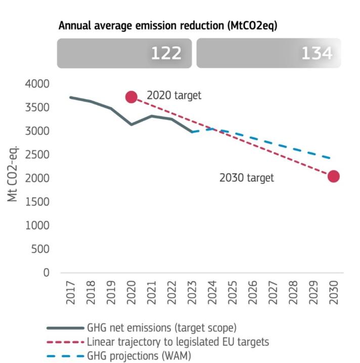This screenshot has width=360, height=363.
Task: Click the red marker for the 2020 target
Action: pyautogui.click(x=131, y=97)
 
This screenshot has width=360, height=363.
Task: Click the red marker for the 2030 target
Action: pyautogui.click(x=333, y=176)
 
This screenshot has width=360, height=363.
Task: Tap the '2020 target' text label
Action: pyautogui.click(x=174, y=96)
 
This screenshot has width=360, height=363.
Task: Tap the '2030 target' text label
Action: pyautogui.click(x=247, y=178)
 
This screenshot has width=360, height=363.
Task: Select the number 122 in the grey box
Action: pyautogui.click(x=166, y=53)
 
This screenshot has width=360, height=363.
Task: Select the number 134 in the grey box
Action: pyautogui.click(x=317, y=53)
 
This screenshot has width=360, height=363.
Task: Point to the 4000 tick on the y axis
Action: pyautogui.click(x=37, y=84)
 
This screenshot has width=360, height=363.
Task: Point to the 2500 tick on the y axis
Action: pyautogui.click(x=37, y=155)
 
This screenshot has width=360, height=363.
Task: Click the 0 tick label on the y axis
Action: pyautogui.click(x=46, y=273)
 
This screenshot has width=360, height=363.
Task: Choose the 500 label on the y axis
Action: pyautogui.click(x=41, y=249)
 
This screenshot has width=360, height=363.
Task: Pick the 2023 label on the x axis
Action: pyautogui.click(x=192, y=293)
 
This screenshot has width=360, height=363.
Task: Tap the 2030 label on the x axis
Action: pyautogui.click(x=334, y=293)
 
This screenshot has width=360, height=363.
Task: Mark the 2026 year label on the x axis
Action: pyautogui.click(x=253, y=293)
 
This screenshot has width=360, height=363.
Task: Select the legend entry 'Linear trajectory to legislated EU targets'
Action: pyautogui.click(x=177, y=342)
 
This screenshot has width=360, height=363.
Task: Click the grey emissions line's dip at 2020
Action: pyautogui.click(x=131, y=124)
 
